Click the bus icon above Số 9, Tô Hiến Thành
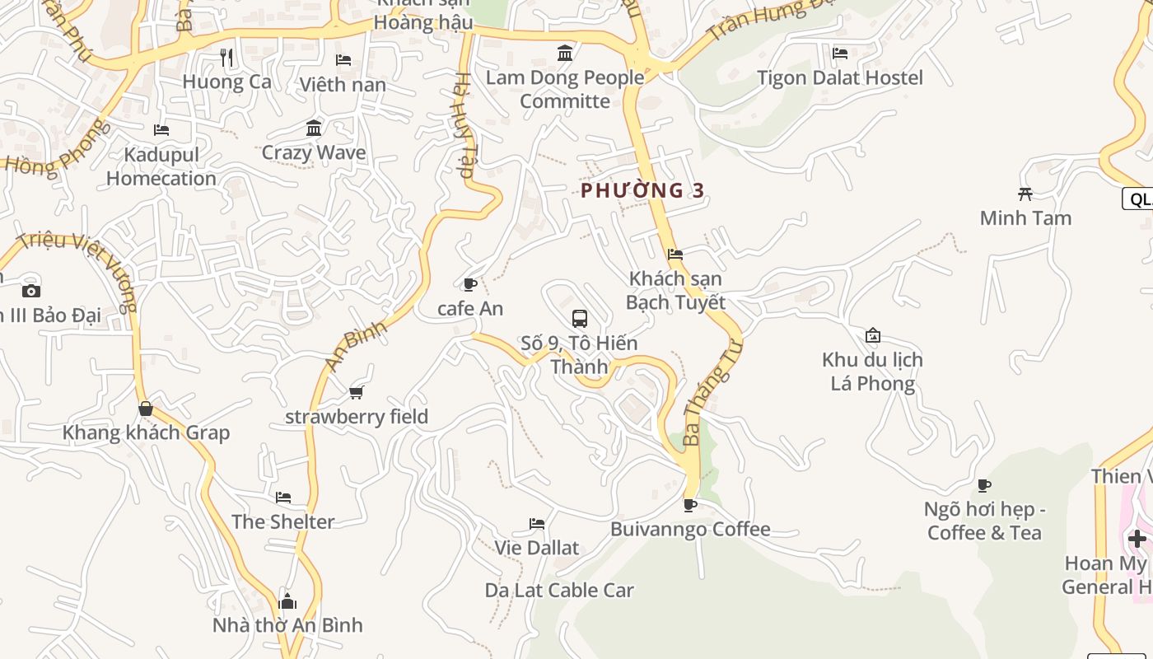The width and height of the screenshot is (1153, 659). click(580, 318)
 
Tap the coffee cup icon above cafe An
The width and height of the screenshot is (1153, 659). click(470, 284)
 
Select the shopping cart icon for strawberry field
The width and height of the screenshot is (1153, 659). click(357, 392)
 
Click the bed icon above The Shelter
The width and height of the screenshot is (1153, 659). click(283, 498)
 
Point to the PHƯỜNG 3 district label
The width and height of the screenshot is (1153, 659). click(642, 190)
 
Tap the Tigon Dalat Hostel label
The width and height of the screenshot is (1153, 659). click(840, 77)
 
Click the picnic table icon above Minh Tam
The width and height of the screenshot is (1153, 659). click(1025, 194)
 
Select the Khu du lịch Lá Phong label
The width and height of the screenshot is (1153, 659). click(872, 372)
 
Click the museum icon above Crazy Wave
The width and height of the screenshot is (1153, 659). click(314, 128)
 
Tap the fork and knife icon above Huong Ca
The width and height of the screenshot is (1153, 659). click(226, 57)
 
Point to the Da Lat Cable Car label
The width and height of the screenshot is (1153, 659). click(559, 590)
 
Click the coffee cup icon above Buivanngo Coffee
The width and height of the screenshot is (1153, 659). click(690, 504)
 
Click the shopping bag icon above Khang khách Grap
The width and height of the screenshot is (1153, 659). click(146, 409)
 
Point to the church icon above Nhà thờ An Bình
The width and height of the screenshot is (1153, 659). click(287, 601)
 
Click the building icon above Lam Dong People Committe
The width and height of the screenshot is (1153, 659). click(565, 54)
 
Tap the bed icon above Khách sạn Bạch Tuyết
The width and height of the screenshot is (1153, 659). click(675, 254)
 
